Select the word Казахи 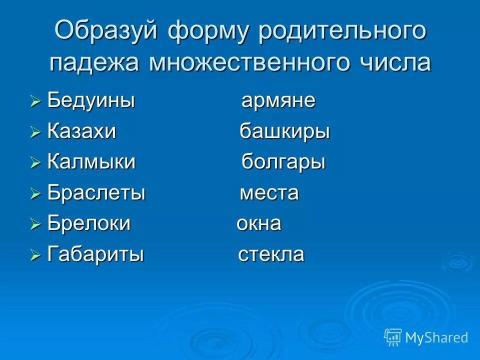point(81,132)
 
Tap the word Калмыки point(91,162)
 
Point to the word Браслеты point(96,193)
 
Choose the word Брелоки point(88,223)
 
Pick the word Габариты point(95,254)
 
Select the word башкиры point(284,132)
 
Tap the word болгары point(283,162)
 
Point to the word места point(269,193)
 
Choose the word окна point(258,223)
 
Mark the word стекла point(271,254)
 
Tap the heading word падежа point(94,63)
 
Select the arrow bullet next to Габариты point(34,255)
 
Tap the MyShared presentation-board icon point(393,337)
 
